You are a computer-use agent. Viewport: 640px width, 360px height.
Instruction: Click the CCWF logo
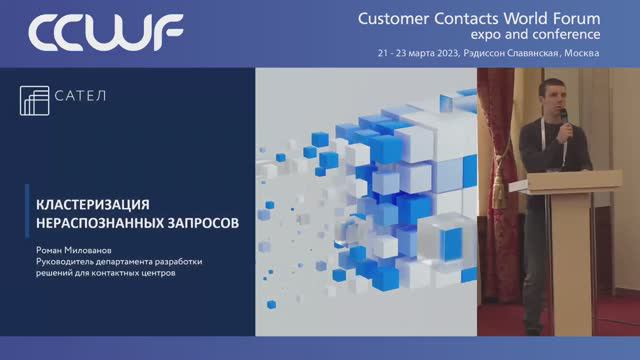tap(105, 33)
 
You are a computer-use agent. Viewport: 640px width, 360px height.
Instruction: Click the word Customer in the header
tap(396, 17)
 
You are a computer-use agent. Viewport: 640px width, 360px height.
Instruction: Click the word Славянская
tap(532, 52)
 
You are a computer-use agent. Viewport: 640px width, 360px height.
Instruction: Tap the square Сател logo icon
tap(35, 101)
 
